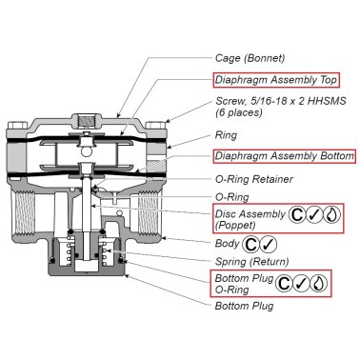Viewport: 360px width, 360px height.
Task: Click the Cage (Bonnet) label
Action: click(250, 58)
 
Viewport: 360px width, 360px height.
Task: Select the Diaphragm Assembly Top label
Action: click(275, 80)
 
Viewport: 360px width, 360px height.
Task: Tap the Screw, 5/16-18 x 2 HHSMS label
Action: click(281, 101)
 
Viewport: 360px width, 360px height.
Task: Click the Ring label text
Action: click(226, 135)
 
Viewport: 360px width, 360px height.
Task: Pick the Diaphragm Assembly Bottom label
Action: click(284, 156)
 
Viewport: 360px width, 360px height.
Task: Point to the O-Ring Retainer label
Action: click(254, 179)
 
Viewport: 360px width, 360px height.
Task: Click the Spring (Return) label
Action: click(252, 262)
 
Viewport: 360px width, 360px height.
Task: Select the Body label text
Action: click(227, 244)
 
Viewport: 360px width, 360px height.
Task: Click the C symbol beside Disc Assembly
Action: click(297, 215)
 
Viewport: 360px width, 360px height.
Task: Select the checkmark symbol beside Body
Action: click(269, 245)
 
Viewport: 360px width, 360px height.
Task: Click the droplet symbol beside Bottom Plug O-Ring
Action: click(318, 284)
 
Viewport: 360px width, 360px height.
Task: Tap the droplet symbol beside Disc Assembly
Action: click(331, 215)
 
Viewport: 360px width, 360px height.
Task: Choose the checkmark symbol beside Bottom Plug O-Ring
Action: click(301, 284)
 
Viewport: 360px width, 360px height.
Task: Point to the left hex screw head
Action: click(17, 125)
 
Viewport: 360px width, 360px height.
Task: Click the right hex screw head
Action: click(155, 125)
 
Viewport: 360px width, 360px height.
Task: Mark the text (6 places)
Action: click(239, 112)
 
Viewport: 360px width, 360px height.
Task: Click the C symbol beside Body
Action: click(250, 245)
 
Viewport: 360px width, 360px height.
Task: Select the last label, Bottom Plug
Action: click(244, 306)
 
